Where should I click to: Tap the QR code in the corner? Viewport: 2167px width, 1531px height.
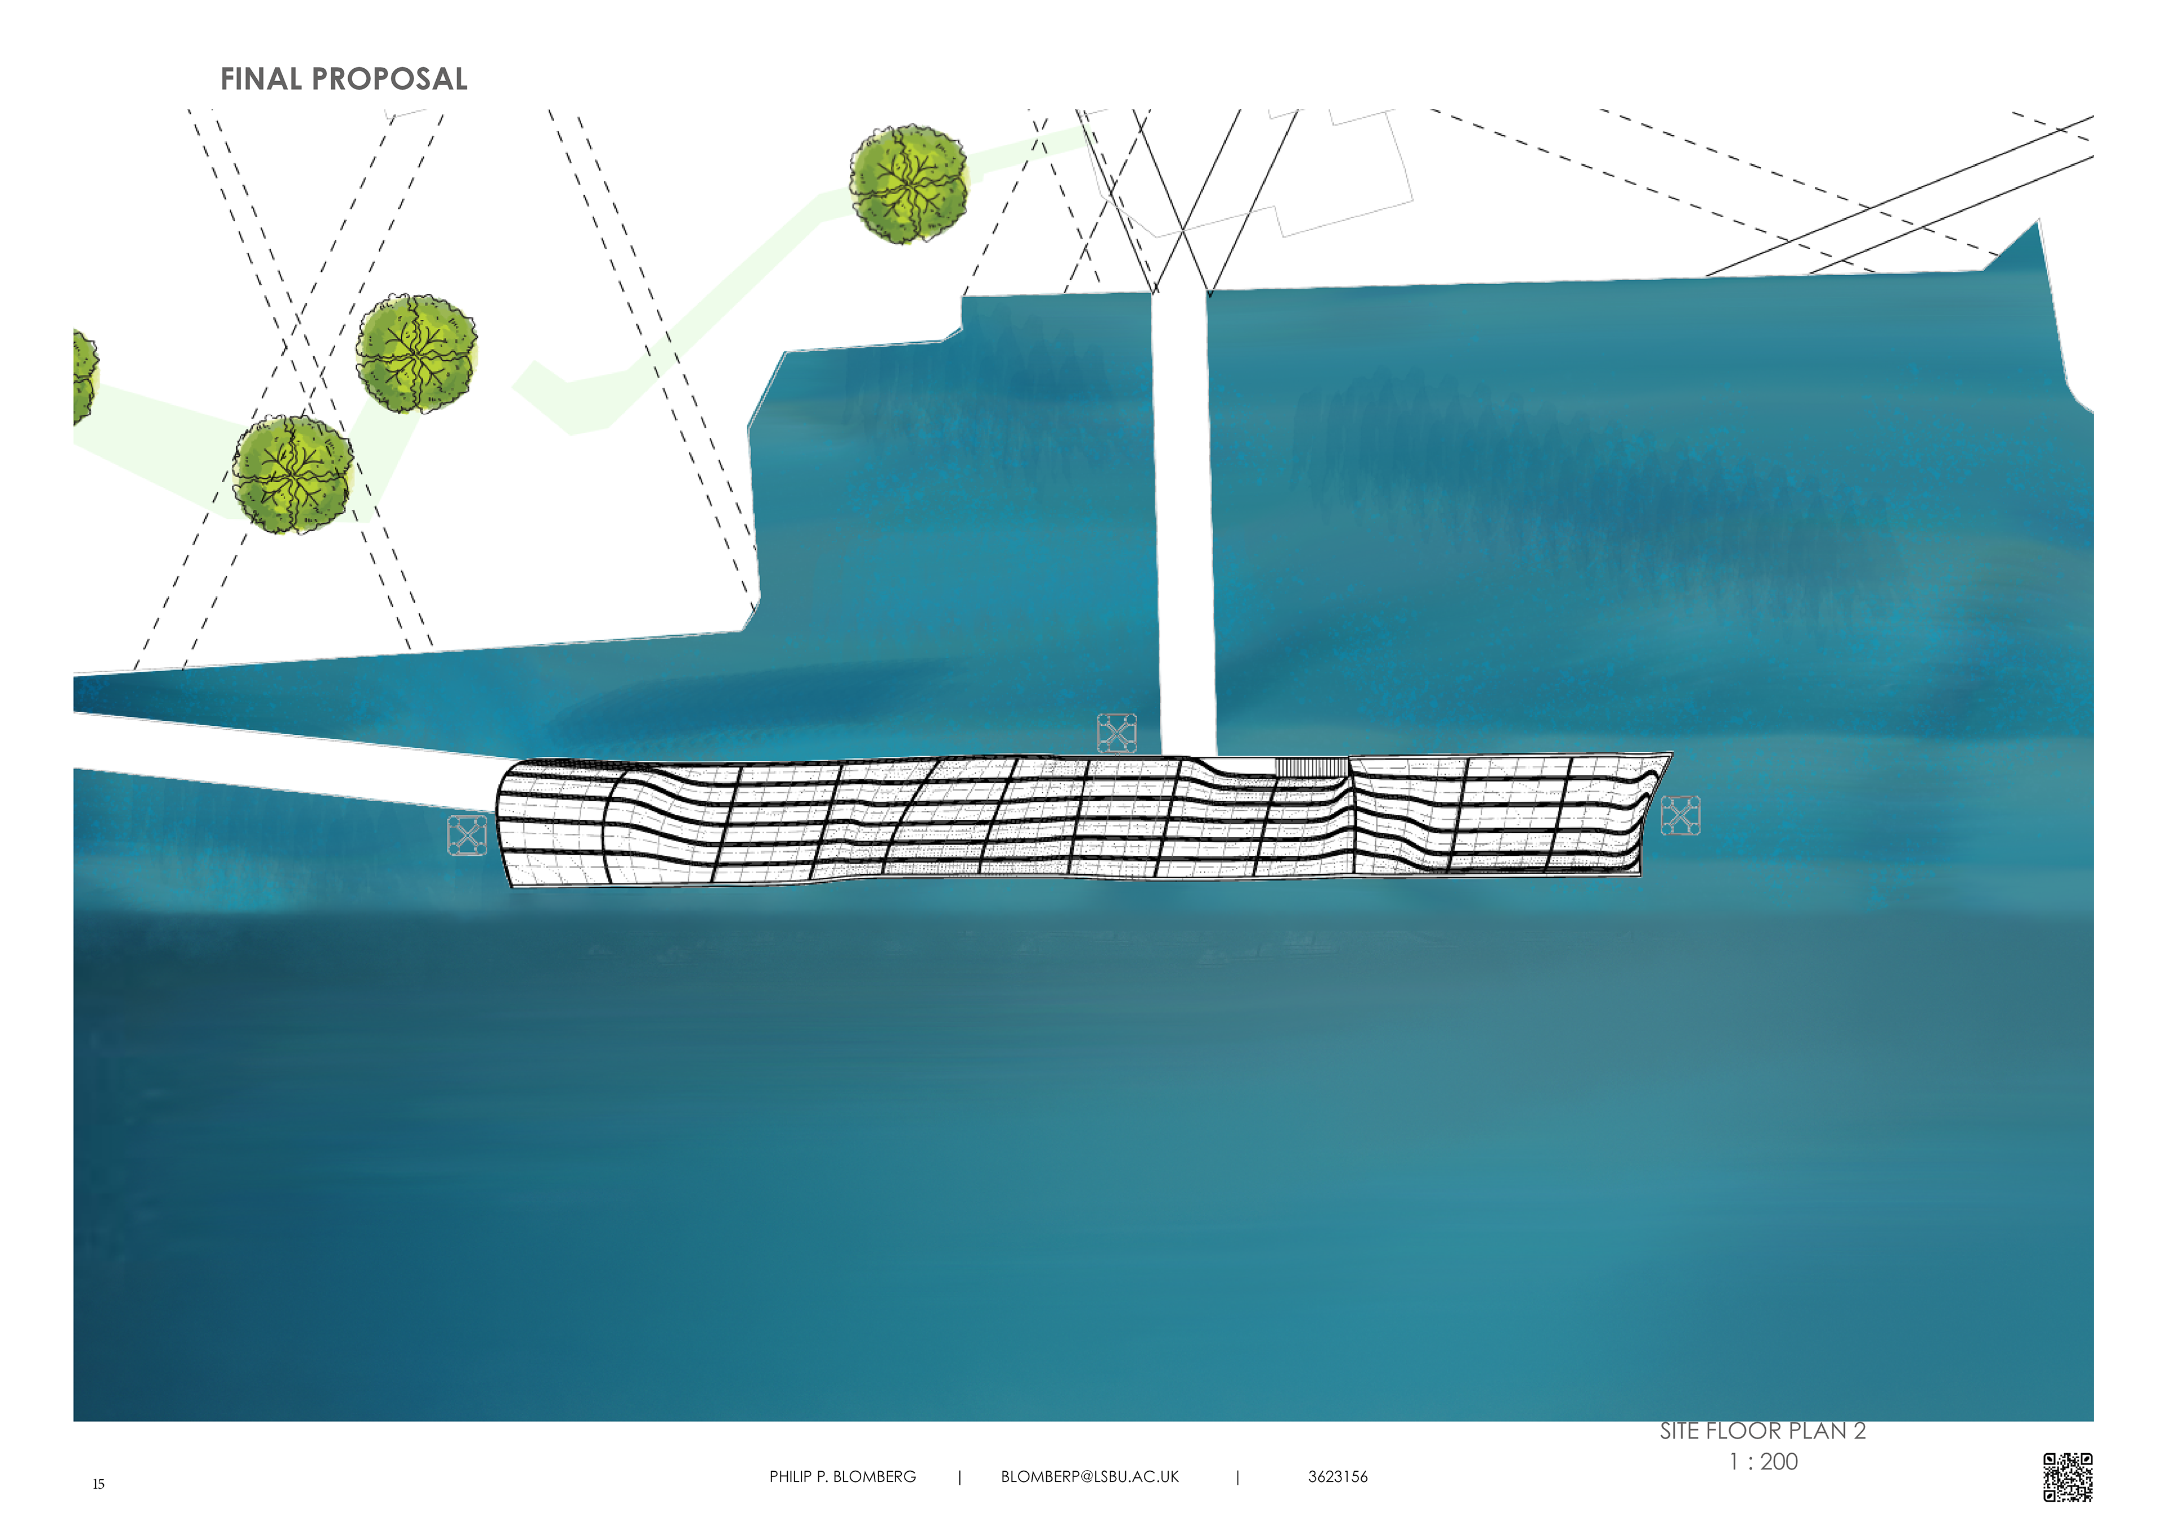[x=2067, y=1476]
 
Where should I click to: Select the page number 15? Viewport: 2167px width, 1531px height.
[x=98, y=1484]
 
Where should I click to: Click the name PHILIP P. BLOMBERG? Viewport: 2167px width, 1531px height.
[x=842, y=1476]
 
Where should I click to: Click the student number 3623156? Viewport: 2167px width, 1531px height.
[x=1337, y=1476]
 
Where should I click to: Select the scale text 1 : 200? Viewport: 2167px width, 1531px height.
[x=1762, y=1461]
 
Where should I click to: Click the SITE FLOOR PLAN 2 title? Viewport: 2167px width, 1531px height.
[x=1762, y=1431]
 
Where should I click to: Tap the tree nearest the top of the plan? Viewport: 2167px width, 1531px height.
[x=909, y=184]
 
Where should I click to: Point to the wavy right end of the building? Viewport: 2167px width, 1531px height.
[x=1642, y=811]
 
